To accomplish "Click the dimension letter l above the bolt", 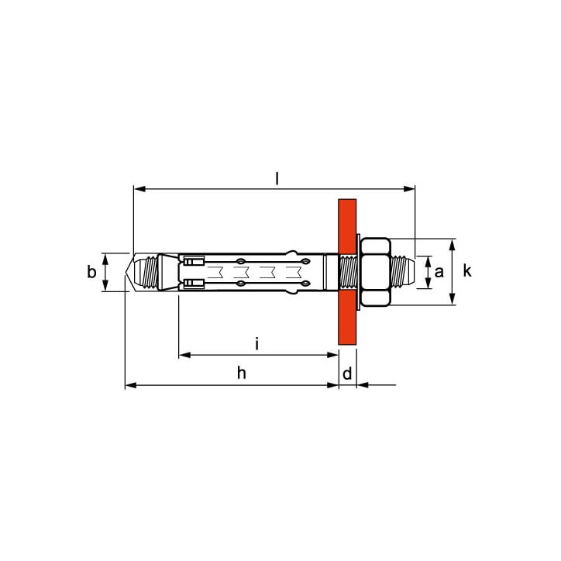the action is coord(277,178).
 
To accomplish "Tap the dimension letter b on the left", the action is coord(91,272).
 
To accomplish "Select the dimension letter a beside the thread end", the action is coord(439,272).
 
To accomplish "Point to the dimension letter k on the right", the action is coord(467,271).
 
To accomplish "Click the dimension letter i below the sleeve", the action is coord(256,343).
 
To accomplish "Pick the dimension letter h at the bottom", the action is coord(242,373).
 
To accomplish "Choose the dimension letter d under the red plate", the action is coord(347,373).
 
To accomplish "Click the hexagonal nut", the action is coord(375,272).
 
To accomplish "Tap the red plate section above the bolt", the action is coord(347,226).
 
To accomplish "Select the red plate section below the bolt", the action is coord(347,318).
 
